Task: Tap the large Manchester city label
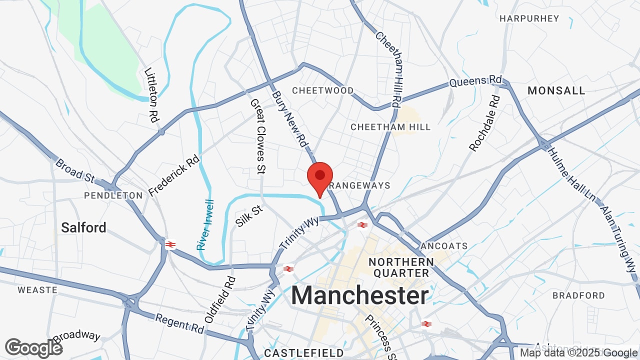coord(359,295)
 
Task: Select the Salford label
coord(83,227)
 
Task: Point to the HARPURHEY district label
coord(529,18)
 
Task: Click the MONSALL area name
coord(556,90)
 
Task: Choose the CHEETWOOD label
coord(322,90)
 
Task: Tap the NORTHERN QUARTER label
coord(401,267)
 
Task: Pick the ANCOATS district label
coord(444,246)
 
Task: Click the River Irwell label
coord(205,225)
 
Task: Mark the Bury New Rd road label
coord(289,118)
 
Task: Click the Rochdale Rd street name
coord(484,123)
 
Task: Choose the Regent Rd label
coord(179,323)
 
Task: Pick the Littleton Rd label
coord(150,95)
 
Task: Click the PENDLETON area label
coord(113,195)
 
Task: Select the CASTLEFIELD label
coord(296,353)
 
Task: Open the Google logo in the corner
coord(33,348)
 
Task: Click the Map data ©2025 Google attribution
coord(578,353)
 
